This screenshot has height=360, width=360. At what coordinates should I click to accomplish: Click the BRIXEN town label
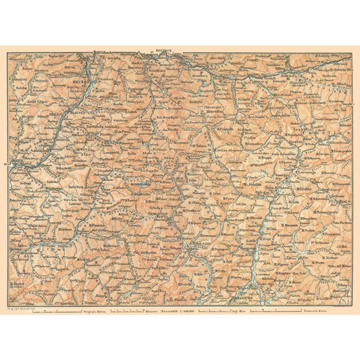click(x=78, y=95)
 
